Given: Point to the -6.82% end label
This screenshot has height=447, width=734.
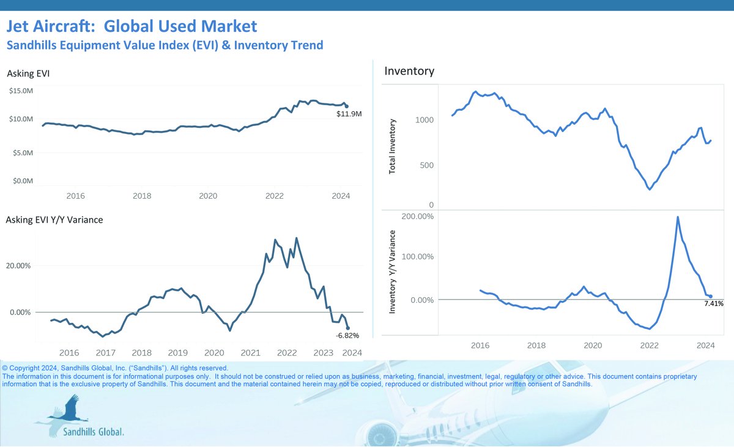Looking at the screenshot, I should (x=347, y=335).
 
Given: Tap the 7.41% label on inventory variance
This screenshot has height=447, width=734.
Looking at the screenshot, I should (x=713, y=303).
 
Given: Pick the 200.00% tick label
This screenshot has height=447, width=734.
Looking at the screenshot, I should (x=417, y=216).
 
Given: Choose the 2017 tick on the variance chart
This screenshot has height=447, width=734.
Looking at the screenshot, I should (x=105, y=353).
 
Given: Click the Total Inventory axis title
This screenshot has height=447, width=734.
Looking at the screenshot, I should (x=393, y=146).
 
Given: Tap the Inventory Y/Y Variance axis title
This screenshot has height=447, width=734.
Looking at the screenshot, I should (x=393, y=272).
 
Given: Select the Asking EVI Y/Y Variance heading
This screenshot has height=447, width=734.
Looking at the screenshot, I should (x=54, y=220).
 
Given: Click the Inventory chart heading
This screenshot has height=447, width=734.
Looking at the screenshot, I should (x=409, y=72).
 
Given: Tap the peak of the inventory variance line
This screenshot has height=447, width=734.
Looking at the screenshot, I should (x=678, y=217).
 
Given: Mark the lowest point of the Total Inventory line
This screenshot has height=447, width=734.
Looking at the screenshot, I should (x=650, y=190).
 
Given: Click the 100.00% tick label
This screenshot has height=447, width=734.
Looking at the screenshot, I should (x=417, y=256).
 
